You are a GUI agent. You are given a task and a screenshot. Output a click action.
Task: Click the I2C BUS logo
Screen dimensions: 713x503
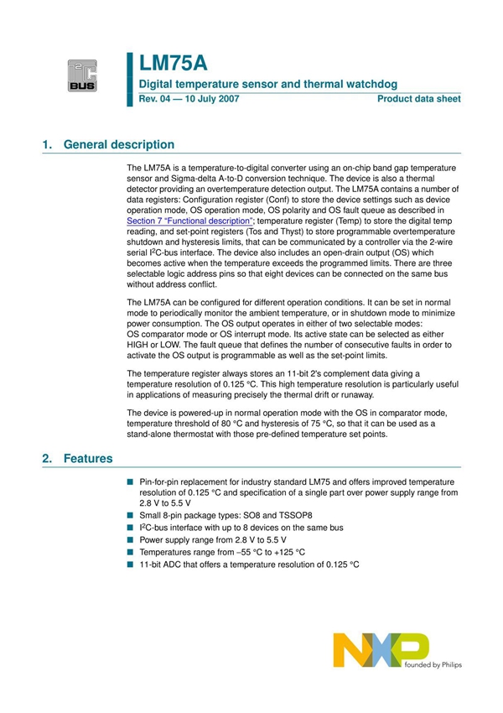[x=83, y=75]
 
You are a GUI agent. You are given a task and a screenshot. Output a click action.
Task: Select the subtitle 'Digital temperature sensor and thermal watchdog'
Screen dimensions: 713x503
[x=267, y=85]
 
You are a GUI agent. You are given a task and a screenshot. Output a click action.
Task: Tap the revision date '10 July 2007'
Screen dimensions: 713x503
[x=211, y=99]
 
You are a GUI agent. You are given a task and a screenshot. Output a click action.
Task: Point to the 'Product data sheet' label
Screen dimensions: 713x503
[x=418, y=99]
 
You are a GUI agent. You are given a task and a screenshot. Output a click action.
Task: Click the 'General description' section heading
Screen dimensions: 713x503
[x=119, y=144]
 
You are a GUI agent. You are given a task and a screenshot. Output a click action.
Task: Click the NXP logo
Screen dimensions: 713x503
[x=380, y=650]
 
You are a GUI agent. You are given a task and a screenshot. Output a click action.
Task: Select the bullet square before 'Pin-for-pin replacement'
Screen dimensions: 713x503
[x=130, y=482]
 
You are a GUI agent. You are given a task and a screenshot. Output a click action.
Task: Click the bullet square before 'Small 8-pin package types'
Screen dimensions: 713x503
[x=130, y=516]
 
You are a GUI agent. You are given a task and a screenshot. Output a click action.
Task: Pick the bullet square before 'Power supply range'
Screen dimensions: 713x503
[x=130, y=540]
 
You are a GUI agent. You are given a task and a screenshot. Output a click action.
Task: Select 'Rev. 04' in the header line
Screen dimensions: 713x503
[x=156, y=99]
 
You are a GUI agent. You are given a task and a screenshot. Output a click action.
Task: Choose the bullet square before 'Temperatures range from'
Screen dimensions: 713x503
[x=130, y=553]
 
